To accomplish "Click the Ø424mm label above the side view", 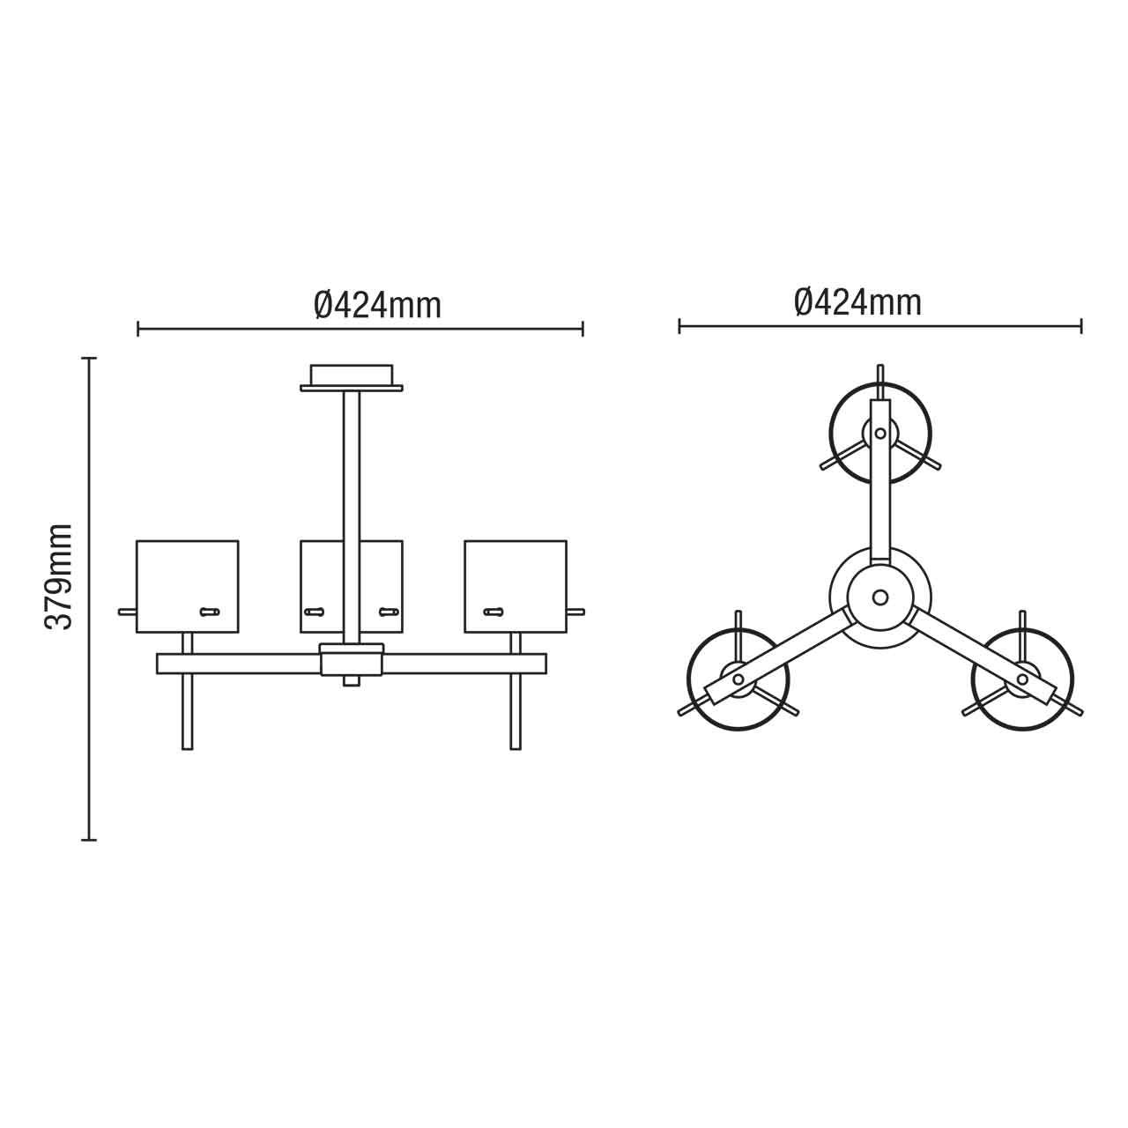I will (x=377, y=305).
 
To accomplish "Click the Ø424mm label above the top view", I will (x=857, y=302).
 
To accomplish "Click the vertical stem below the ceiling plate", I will (x=352, y=476).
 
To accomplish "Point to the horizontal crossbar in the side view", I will (x=238, y=664).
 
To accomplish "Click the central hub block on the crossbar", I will (x=352, y=659).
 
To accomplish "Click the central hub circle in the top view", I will (x=879, y=597).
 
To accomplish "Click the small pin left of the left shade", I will (x=127, y=611).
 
